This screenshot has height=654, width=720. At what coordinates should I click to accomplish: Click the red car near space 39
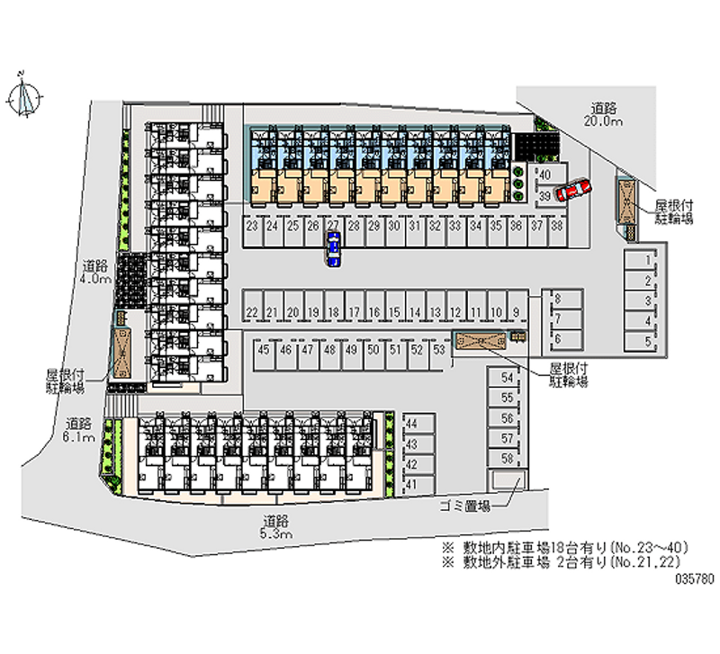pos(572,189)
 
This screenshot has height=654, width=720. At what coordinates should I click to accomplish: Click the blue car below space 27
pos(333,249)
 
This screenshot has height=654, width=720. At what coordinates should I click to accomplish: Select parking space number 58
pos(507,458)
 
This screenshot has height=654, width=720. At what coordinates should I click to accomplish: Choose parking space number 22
pos(252,312)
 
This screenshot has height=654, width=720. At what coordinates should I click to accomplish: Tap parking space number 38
pos(557,226)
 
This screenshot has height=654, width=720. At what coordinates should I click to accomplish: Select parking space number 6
pos(558,338)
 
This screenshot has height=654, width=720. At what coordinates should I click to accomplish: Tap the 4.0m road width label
pos(94,280)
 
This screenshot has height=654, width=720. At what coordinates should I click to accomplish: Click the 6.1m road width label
pos(79,437)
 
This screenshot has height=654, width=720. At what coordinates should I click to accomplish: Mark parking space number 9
pos(517,312)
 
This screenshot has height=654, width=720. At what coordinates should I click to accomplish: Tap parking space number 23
pos(252,226)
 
